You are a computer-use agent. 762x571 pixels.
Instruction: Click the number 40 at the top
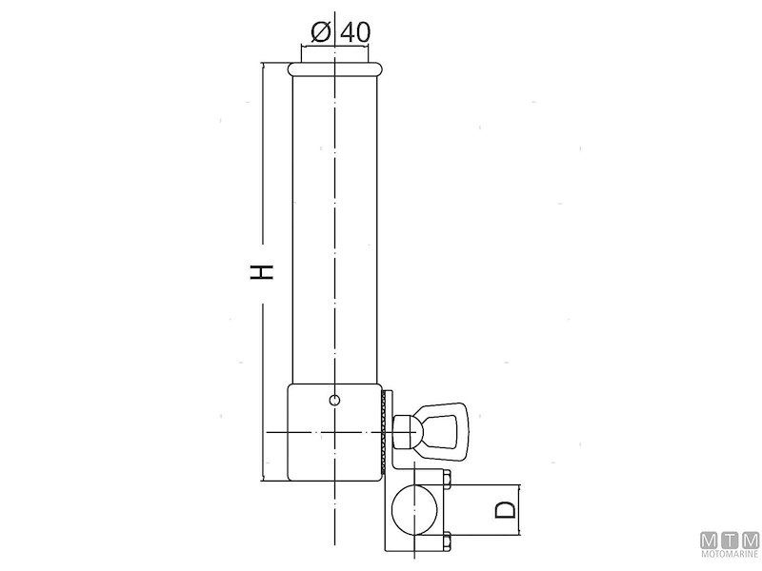point(353,30)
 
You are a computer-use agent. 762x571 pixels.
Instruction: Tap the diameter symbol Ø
point(320,30)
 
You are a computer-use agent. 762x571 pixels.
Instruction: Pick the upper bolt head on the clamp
point(445,478)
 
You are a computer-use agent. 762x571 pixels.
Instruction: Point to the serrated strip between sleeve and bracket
point(386,433)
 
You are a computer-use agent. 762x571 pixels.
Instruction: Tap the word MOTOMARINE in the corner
point(729,555)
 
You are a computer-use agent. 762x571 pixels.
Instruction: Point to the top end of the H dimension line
point(263,65)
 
